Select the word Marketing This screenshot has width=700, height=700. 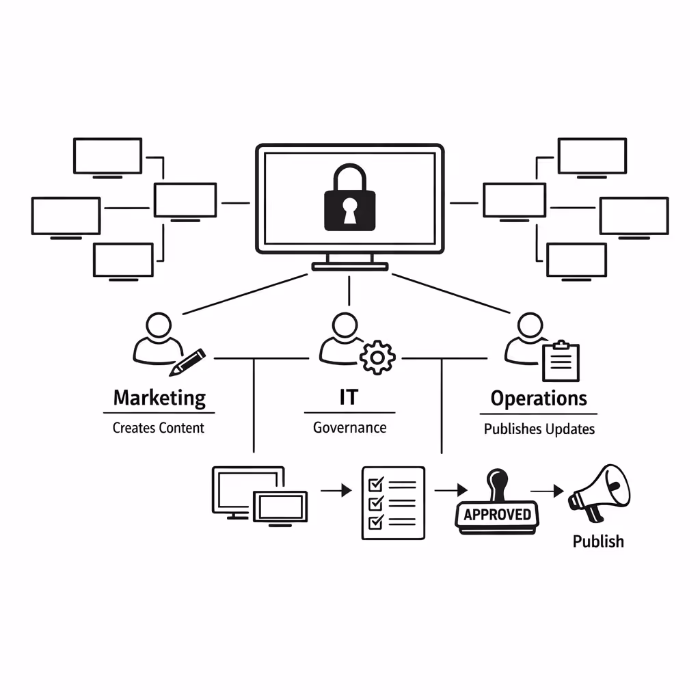coord(159,398)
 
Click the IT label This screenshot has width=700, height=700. coord(348,398)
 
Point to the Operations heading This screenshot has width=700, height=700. coord(539,398)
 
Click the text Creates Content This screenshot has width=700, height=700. coord(159,428)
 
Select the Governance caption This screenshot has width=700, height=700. coord(349,428)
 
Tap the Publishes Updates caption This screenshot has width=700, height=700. coord(539,429)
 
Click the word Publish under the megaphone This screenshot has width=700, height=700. coord(598,541)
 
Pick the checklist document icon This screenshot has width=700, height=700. coord(392,503)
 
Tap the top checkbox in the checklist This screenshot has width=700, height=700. coord(375,485)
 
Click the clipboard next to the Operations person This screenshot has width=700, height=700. coord(561,361)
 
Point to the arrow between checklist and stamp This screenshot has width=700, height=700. coord(450,490)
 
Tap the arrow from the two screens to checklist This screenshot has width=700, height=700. coord(335,490)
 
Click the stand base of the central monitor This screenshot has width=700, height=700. coord(349,266)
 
